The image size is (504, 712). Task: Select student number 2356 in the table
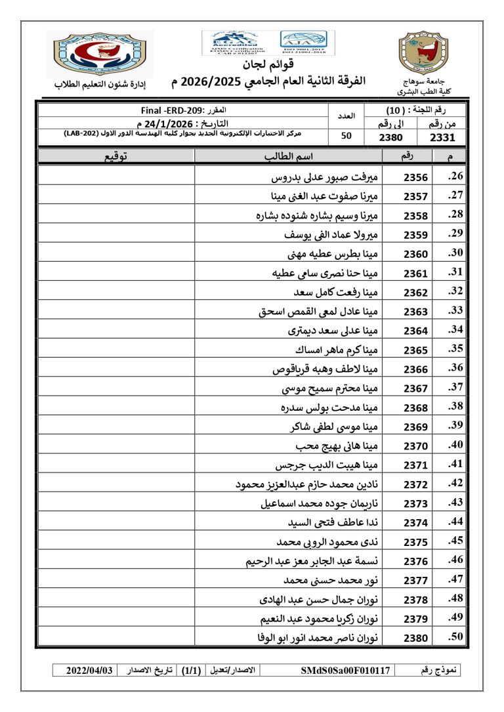coord(415,178)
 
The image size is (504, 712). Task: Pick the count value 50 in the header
coord(346,136)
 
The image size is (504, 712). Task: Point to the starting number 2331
coord(442,137)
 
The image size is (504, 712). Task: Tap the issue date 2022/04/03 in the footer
coord(90,670)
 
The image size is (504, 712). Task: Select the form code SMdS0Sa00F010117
coord(345,670)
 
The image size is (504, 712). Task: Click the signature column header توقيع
coord(117,156)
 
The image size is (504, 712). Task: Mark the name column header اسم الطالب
coord(288,156)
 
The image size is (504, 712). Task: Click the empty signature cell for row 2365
coord(117,350)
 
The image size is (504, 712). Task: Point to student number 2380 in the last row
coord(415,638)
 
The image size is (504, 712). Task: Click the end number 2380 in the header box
coord(394,137)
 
